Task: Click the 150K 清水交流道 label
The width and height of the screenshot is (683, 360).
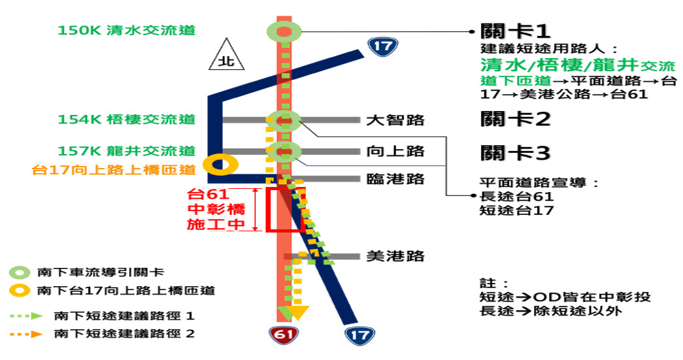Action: point(126,31)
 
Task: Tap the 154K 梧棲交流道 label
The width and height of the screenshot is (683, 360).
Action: point(126,120)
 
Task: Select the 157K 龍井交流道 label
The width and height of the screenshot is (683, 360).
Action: point(126,151)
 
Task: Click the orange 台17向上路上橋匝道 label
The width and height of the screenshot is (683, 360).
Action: point(114,170)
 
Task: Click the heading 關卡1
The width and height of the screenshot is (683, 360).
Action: point(515,31)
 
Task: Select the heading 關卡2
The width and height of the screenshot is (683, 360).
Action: point(516,120)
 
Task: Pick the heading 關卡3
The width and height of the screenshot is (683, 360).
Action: point(516,154)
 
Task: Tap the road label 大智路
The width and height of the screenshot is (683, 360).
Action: point(395,120)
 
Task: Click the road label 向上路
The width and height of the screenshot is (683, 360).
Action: point(395,152)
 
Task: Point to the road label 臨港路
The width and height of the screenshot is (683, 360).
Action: point(395,179)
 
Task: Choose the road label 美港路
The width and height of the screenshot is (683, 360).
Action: point(395,256)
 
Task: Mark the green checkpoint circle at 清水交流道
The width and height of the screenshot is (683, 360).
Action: point(284,31)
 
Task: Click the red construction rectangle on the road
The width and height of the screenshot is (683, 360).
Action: point(286,209)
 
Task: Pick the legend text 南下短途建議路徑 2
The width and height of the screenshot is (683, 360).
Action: point(125,334)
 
